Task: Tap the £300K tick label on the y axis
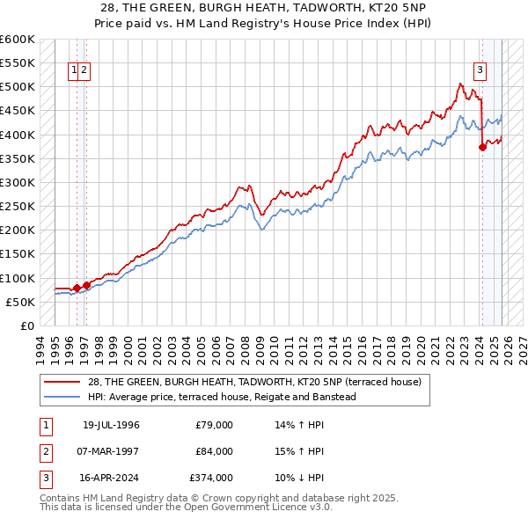pos(17,182)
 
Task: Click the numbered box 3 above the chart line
pos(480,71)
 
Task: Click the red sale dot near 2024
pos(482,148)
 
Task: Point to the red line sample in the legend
pos(64,382)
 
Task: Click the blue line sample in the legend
pos(64,397)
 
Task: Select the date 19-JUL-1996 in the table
pos(111,425)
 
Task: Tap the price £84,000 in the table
pos(215,451)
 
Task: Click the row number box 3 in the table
pos(43,478)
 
